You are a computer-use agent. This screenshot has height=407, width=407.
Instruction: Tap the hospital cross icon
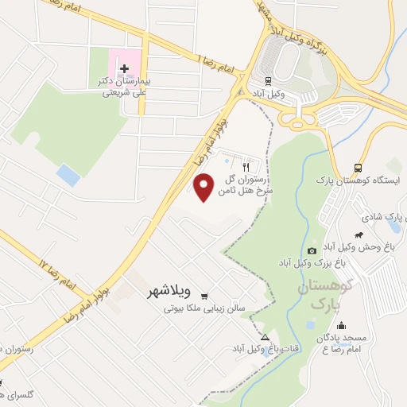[123, 68]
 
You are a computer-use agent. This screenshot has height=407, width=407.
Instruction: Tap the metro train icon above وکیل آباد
[268, 80]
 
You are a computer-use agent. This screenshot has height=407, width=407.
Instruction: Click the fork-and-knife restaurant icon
[246, 167]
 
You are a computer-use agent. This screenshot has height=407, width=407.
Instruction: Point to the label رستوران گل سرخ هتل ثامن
[231, 185]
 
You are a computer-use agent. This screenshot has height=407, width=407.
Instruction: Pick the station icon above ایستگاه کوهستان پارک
[358, 168]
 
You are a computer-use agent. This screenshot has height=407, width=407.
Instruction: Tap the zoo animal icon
[359, 235]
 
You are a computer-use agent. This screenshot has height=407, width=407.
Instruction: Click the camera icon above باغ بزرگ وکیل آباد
[311, 250]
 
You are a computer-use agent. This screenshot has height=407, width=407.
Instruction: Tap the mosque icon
[341, 325]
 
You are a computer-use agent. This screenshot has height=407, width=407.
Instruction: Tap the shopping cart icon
[205, 293]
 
